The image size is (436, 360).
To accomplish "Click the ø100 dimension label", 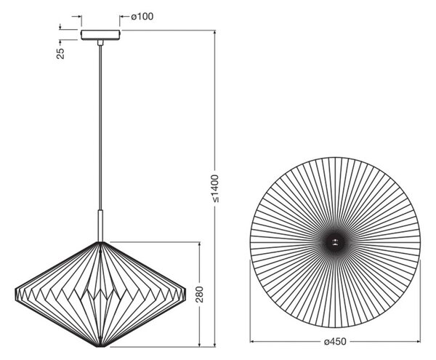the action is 142,17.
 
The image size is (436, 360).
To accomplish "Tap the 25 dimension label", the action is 60,53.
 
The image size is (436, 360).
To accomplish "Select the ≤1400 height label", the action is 216,188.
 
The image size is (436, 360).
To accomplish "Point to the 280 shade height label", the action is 199,295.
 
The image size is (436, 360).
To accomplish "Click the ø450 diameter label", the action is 335,341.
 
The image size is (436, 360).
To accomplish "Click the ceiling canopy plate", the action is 101,35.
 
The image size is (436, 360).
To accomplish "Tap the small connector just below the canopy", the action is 100,43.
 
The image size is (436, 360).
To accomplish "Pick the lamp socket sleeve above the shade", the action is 100,225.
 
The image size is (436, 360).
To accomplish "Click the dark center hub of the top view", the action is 335,242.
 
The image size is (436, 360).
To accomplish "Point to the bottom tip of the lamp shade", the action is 101,347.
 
